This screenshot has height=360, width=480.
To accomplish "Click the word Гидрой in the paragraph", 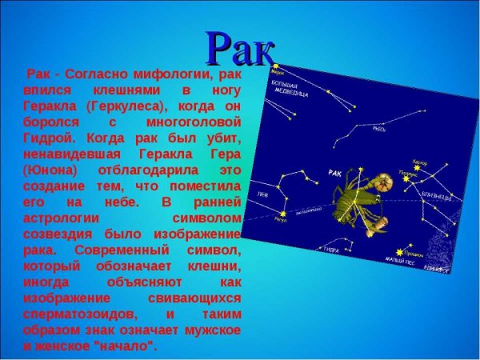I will pos(48,138).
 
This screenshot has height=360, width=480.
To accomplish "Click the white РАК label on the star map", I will pos(335,172).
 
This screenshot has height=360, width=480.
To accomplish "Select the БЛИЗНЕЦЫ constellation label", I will pos(437,196).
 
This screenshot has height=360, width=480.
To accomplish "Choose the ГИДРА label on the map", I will pos(307,250).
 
